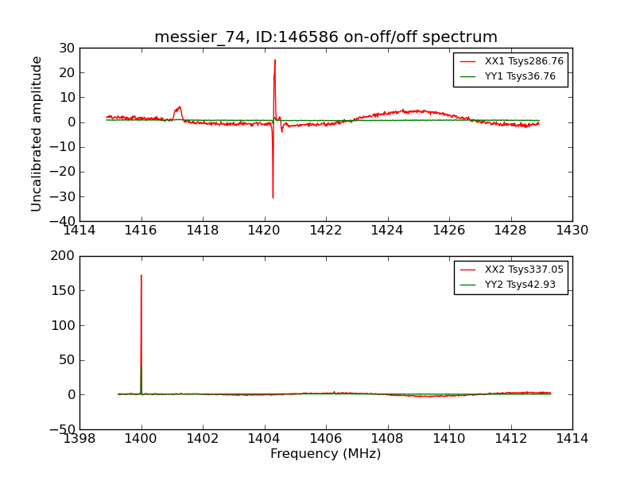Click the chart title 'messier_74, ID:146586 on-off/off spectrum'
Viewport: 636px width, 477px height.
click(x=326, y=37)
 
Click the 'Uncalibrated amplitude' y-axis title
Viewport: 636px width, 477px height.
click(x=37, y=134)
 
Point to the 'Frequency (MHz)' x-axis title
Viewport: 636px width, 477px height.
click(x=326, y=454)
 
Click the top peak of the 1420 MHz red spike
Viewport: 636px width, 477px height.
click(x=275, y=60)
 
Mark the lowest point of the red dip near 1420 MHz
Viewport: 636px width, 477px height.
click(x=273, y=197)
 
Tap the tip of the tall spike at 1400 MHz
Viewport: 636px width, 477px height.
click(x=142, y=275)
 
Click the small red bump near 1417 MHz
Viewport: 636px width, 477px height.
click(x=180, y=107)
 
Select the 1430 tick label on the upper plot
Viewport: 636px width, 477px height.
click(x=572, y=231)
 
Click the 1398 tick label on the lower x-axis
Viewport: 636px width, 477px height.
click(x=79, y=439)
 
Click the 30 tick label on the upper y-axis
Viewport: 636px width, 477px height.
click(x=66, y=48)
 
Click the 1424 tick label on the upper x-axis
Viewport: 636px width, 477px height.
click(x=387, y=231)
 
